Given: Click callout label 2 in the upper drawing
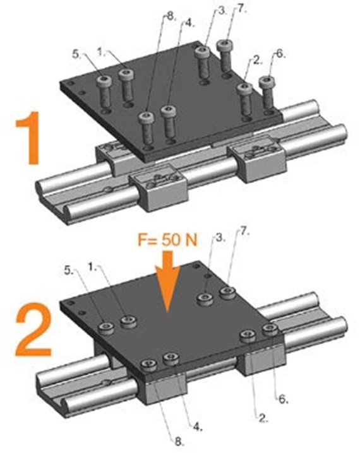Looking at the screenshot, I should coord(256,61).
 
